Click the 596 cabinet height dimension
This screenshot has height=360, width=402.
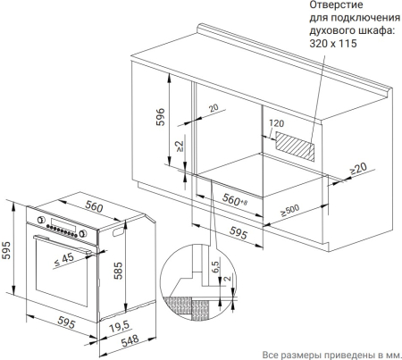point(160,117)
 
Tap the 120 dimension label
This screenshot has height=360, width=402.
point(276,123)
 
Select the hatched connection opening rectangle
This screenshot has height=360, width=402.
point(295,147)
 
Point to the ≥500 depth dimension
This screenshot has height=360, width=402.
point(289,210)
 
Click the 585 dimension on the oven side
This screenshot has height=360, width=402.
point(118,271)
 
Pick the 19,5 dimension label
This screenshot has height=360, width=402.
point(120,327)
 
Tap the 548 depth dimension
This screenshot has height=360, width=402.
point(130,340)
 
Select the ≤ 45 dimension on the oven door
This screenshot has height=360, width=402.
point(64,259)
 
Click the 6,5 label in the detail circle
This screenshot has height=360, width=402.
point(215,267)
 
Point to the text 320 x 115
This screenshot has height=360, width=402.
point(333,44)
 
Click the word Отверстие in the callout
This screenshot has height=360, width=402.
point(336,4)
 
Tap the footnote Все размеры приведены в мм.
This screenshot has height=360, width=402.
point(331,355)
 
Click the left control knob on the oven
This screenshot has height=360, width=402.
point(41,220)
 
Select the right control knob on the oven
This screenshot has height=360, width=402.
point(83,233)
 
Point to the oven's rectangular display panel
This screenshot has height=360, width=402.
point(63,225)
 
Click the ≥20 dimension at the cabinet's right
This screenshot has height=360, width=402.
point(358,169)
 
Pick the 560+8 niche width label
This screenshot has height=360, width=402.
point(235,200)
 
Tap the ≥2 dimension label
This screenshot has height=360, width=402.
point(180,147)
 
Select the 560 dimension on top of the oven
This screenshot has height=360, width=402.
point(94,205)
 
